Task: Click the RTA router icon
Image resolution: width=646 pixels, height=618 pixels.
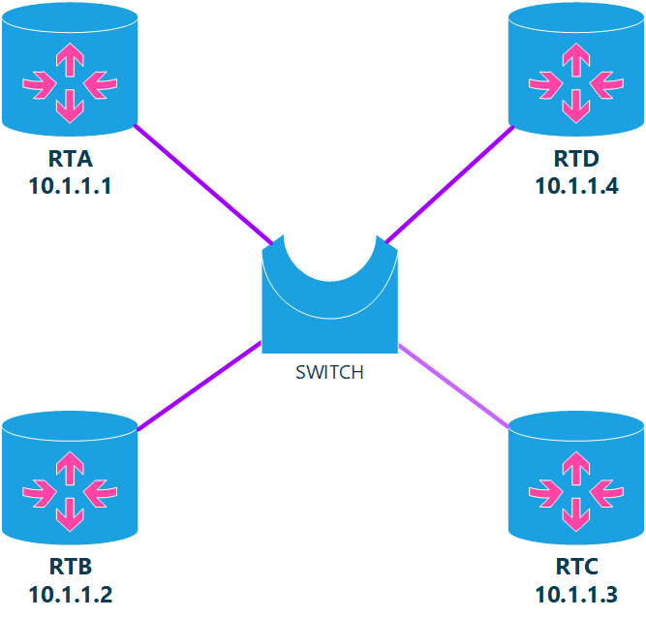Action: pyautogui.click(x=69, y=69)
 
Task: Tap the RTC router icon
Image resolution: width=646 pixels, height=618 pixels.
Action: pyautogui.click(x=576, y=479)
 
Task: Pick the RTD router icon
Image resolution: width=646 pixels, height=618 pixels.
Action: pyautogui.click(x=576, y=69)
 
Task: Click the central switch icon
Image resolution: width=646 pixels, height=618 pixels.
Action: pyautogui.click(x=329, y=300)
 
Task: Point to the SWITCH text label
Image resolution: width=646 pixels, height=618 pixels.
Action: pyautogui.click(x=329, y=372)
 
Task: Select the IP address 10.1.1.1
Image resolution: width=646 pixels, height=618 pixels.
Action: pyautogui.click(x=70, y=185)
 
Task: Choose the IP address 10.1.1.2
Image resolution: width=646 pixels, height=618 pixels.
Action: pyautogui.click(x=70, y=594)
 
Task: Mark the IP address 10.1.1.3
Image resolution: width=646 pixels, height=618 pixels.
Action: pyautogui.click(x=576, y=594)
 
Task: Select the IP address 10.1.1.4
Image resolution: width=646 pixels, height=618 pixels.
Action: pyautogui.click(x=576, y=185)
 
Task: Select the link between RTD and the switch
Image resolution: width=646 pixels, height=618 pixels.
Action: pyautogui.click(x=448, y=183)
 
